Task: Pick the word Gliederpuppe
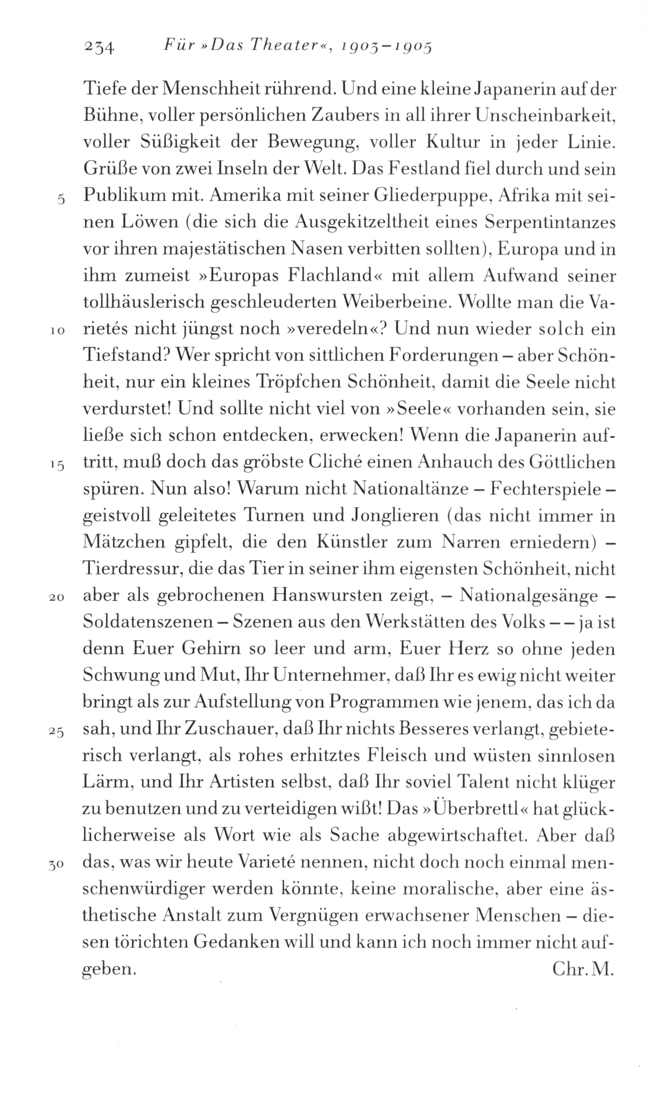tap(429, 196)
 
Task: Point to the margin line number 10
tap(58, 330)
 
